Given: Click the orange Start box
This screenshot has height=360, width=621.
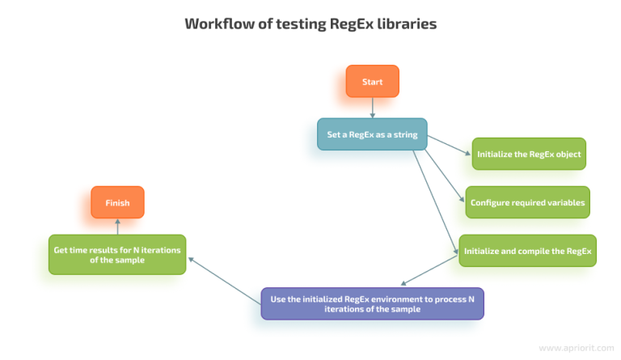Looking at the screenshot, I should point(372,82).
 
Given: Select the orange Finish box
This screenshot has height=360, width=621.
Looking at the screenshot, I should point(117,202).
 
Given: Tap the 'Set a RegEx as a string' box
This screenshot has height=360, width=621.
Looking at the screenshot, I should point(372,134).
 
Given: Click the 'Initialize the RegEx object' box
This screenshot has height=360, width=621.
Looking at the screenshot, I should point(529,154).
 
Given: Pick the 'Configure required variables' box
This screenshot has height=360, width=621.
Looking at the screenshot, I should point(527,202).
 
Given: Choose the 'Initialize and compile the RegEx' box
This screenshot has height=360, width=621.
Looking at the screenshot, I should point(528,251).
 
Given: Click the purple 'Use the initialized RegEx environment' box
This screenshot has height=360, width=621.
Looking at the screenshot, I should point(372,303).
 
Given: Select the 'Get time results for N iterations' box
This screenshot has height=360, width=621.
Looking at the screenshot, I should point(117,254).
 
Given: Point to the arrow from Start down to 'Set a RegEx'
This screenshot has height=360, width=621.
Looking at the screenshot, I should point(372,108).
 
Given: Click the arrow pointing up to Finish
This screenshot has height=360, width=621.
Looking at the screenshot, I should point(117,226).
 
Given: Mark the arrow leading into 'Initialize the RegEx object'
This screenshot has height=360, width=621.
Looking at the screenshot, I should point(449,144).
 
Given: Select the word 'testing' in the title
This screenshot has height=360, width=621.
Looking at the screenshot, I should point(299,23).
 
